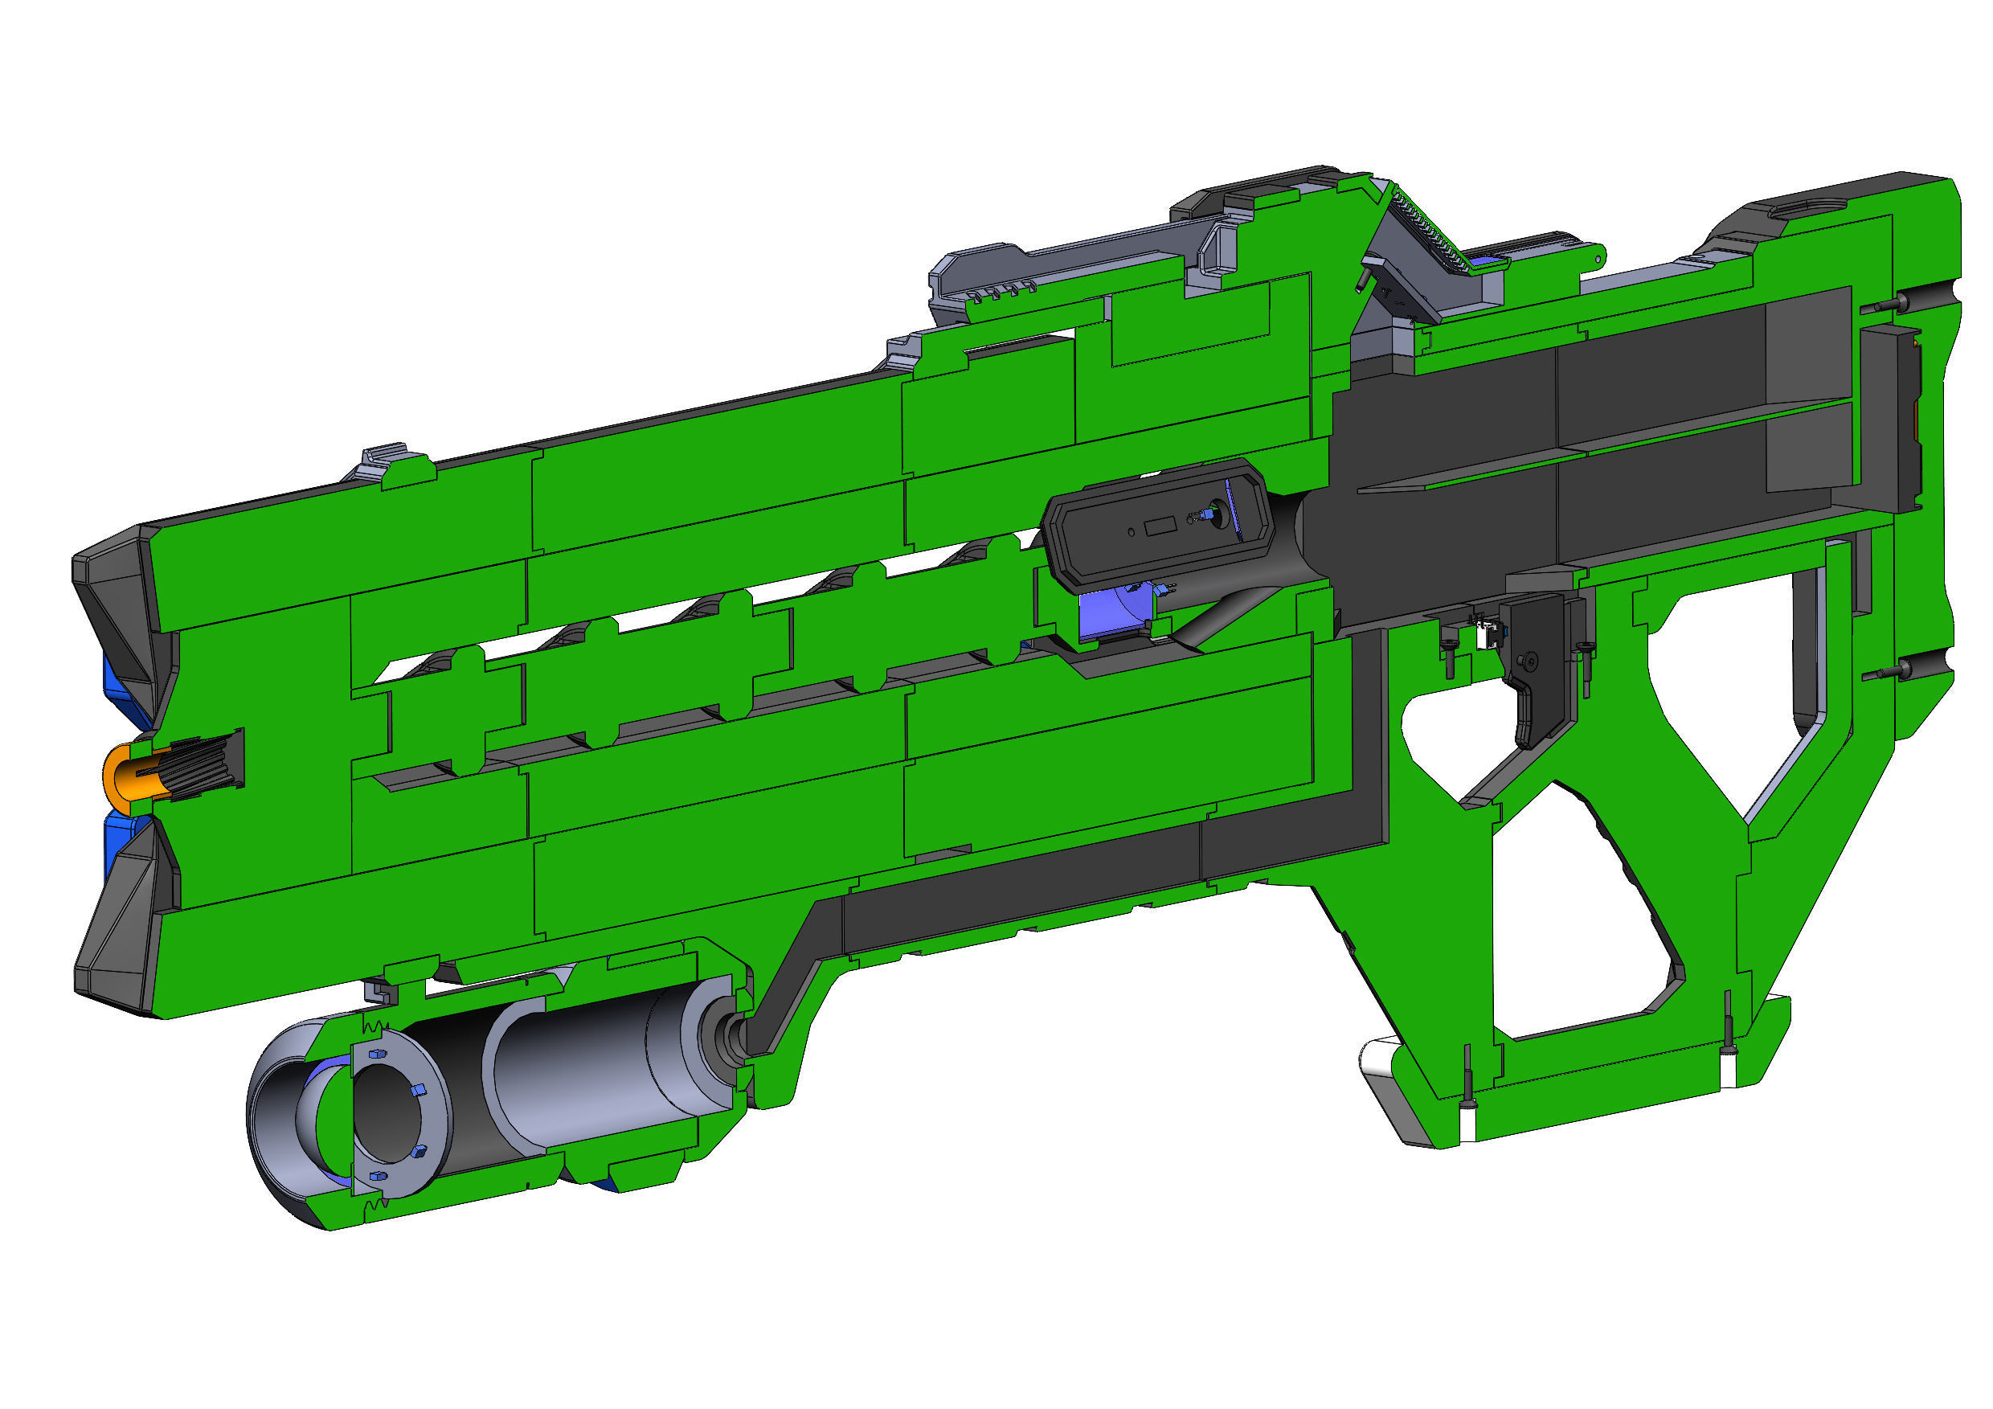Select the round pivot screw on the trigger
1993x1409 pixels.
(x=1529, y=661)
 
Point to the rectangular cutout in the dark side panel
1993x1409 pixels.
(x=1158, y=527)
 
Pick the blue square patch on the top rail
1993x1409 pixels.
(x=1484, y=260)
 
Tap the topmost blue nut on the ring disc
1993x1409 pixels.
(x=376, y=1053)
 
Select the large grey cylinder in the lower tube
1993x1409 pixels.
(x=599, y=1063)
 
